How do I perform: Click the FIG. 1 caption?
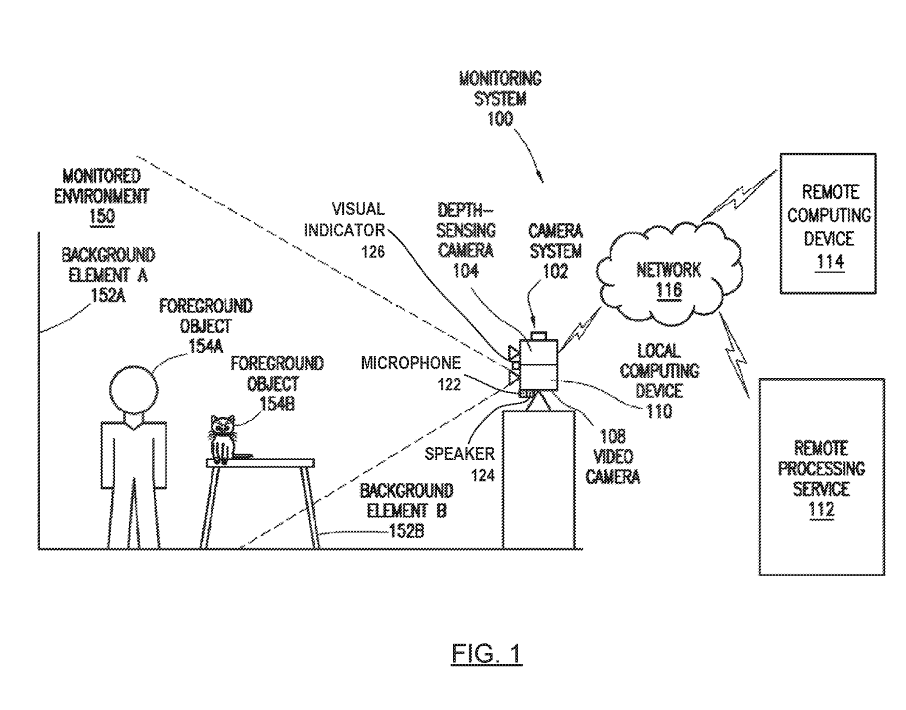point(486,654)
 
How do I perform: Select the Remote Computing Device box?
point(827,224)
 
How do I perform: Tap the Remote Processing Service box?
point(821,477)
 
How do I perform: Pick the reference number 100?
point(500,119)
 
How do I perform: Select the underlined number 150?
point(102,216)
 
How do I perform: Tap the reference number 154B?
point(277,403)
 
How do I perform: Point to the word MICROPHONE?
point(411,363)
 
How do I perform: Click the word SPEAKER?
point(459,454)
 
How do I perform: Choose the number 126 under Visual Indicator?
point(373,251)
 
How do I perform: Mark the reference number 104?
point(466,271)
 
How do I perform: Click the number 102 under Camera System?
point(555,271)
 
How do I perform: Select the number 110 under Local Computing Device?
point(659,411)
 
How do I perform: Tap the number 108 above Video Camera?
point(612,436)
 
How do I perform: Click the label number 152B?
point(406,532)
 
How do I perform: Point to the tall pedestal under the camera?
point(538,479)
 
